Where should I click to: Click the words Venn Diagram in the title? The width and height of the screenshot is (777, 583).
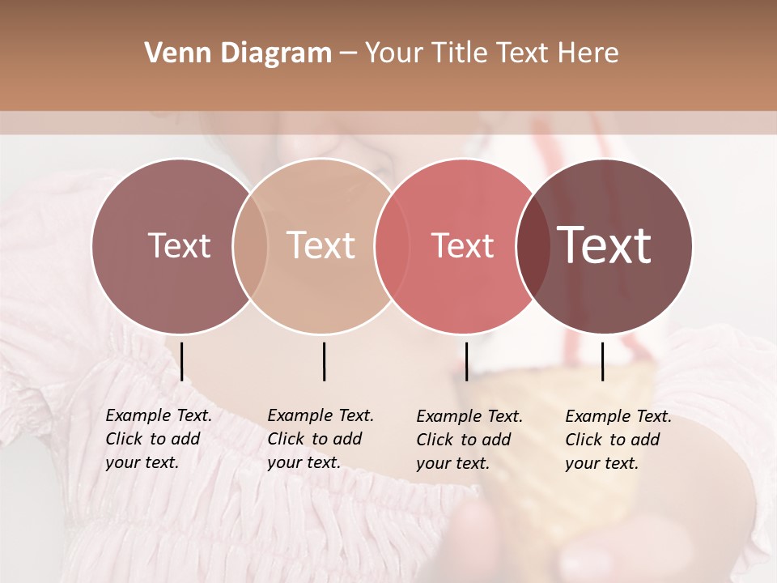click(238, 53)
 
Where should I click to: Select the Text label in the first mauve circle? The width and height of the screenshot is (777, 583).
click(179, 245)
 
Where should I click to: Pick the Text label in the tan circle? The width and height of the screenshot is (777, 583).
click(321, 245)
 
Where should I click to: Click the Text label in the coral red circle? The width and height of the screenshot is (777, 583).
click(463, 245)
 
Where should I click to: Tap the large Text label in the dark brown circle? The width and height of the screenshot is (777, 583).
click(605, 245)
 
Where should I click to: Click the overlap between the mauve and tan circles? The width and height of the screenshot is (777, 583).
click(250, 245)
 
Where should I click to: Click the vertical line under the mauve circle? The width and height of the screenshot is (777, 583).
click(182, 361)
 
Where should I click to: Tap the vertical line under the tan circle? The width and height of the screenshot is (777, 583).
click(324, 361)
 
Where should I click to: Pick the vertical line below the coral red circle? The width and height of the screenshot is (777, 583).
click(466, 361)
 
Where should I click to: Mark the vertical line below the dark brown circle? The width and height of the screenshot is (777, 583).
click(603, 361)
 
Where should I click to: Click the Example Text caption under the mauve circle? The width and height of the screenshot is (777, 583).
click(159, 439)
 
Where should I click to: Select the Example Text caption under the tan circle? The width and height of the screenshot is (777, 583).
click(321, 439)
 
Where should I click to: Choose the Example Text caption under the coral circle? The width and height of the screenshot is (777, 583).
click(469, 440)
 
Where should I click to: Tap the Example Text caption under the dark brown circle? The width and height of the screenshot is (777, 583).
click(618, 440)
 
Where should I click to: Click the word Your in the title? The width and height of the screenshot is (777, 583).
click(394, 53)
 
